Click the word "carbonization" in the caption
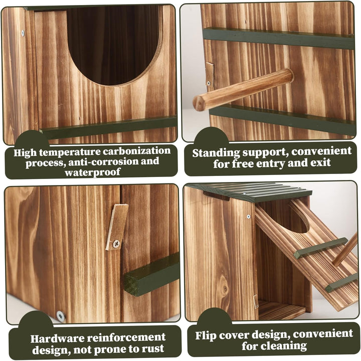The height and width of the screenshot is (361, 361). click(x=136, y=151)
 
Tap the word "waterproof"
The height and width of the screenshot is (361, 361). click(x=93, y=172)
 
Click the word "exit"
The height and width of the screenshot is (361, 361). click(x=320, y=162)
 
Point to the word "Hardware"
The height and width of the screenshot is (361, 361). click(x=57, y=338)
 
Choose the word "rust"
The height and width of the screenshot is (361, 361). click(x=152, y=348)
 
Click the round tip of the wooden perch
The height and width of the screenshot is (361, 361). click(x=199, y=103)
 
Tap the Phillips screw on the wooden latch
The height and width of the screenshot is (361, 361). click(x=116, y=243)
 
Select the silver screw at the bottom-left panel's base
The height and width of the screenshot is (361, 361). click(x=61, y=316)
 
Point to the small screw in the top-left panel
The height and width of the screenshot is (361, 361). click(x=23, y=33)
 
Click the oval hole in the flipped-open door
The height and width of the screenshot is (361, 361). click(x=299, y=218)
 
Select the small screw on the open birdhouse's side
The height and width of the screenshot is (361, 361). click(x=248, y=217)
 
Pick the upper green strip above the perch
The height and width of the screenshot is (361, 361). click(x=279, y=38)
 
